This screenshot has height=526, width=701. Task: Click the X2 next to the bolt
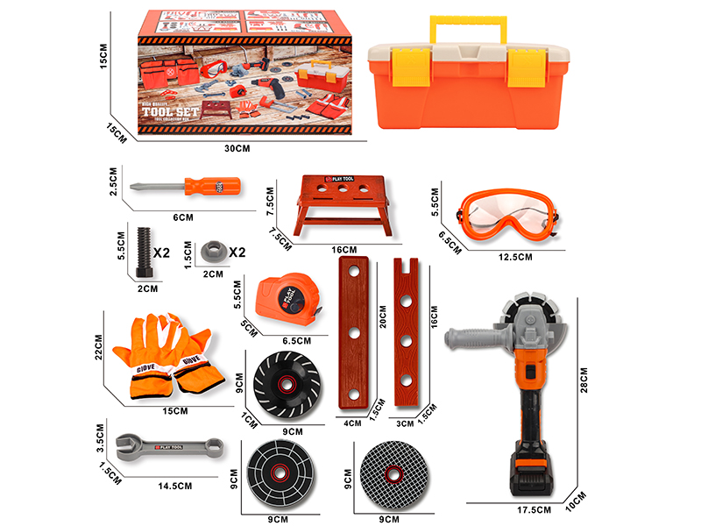coord(161,252)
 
